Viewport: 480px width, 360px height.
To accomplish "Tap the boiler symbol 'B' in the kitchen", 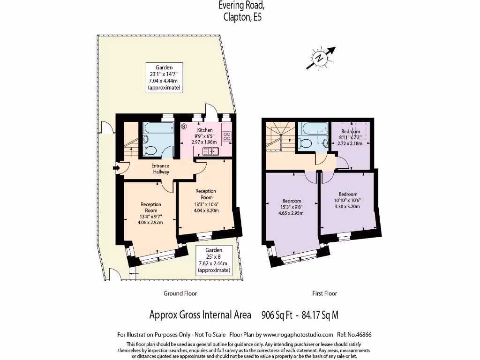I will (184, 126).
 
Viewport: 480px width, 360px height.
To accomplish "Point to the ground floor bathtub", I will (158, 128).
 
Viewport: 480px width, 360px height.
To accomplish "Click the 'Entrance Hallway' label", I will (160, 169).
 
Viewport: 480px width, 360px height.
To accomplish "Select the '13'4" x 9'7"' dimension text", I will (151, 217).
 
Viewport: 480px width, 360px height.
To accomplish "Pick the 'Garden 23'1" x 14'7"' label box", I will (164, 77).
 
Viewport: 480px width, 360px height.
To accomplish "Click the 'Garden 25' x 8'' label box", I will (214, 260).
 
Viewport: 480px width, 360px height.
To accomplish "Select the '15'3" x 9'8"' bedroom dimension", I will (292, 207).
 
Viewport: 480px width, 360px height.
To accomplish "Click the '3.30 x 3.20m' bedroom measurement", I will (348, 206).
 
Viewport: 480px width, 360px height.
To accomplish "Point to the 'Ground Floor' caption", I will (180, 293).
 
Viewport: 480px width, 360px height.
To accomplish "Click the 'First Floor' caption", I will (324, 293).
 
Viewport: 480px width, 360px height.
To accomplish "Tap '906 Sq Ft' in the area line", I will (277, 315).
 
